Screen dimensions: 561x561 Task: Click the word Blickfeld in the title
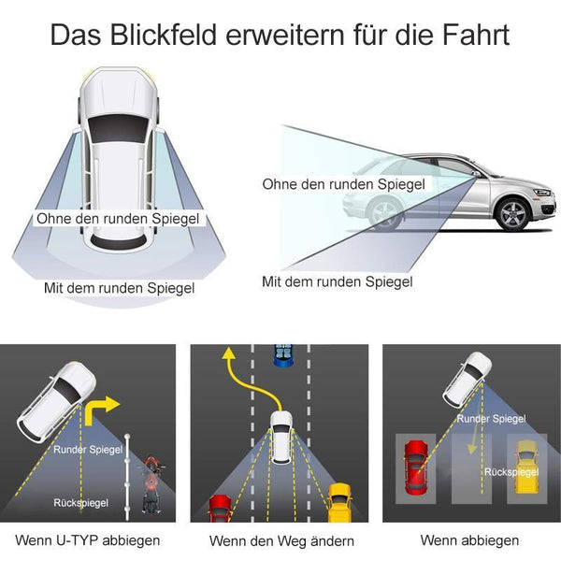[x=163, y=35]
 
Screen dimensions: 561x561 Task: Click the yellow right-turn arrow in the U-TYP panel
[x=101, y=410]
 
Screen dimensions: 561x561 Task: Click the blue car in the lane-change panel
[x=283, y=355]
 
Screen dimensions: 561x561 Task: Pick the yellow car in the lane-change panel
[x=339, y=503]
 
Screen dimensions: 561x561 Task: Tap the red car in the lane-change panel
[x=220, y=509]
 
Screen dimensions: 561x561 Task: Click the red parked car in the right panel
[x=415, y=467]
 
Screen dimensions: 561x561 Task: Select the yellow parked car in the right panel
[x=526, y=467]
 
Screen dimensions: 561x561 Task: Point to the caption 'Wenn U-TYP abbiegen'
[x=88, y=540]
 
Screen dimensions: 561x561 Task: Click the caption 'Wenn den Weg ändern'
[x=281, y=540]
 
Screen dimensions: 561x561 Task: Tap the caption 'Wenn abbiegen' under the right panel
[x=469, y=540]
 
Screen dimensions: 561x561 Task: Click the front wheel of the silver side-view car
[x=513, y=214]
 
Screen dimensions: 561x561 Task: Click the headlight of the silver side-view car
[x=541, y=193]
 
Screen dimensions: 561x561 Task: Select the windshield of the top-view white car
[x=119, y=129]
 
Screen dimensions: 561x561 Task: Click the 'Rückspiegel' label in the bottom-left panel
[x=80, y=503]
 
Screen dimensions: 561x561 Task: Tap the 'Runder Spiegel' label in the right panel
[x=491, y=419]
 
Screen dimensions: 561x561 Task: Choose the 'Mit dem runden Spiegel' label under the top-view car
[x=119, y=288]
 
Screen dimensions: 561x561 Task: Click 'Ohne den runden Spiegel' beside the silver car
[x=344, y=184]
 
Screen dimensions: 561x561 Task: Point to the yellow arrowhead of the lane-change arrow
[x=228, y=353]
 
